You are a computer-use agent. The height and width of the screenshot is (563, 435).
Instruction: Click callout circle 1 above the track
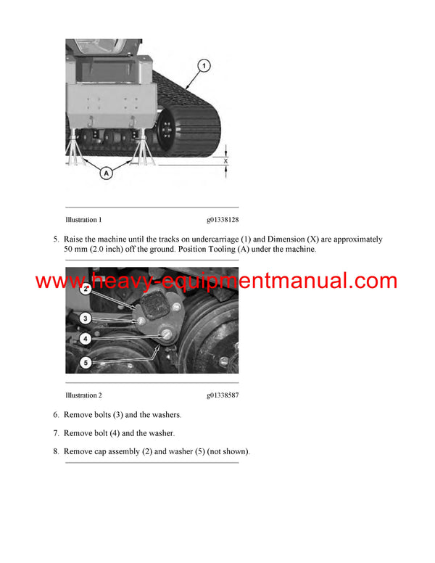tap(204, 67)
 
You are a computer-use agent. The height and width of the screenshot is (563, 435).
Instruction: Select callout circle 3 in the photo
tap(85, 318)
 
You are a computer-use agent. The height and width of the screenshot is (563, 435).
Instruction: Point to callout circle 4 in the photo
tap(85, 338)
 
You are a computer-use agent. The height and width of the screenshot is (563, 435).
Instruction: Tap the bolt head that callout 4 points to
tap(166, 334)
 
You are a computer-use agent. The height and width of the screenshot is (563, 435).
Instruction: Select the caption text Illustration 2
tap(83, 395)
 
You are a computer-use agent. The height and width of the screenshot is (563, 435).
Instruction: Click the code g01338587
tap(223, 395)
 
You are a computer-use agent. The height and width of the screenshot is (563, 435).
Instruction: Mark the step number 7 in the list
tap(56, 433)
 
